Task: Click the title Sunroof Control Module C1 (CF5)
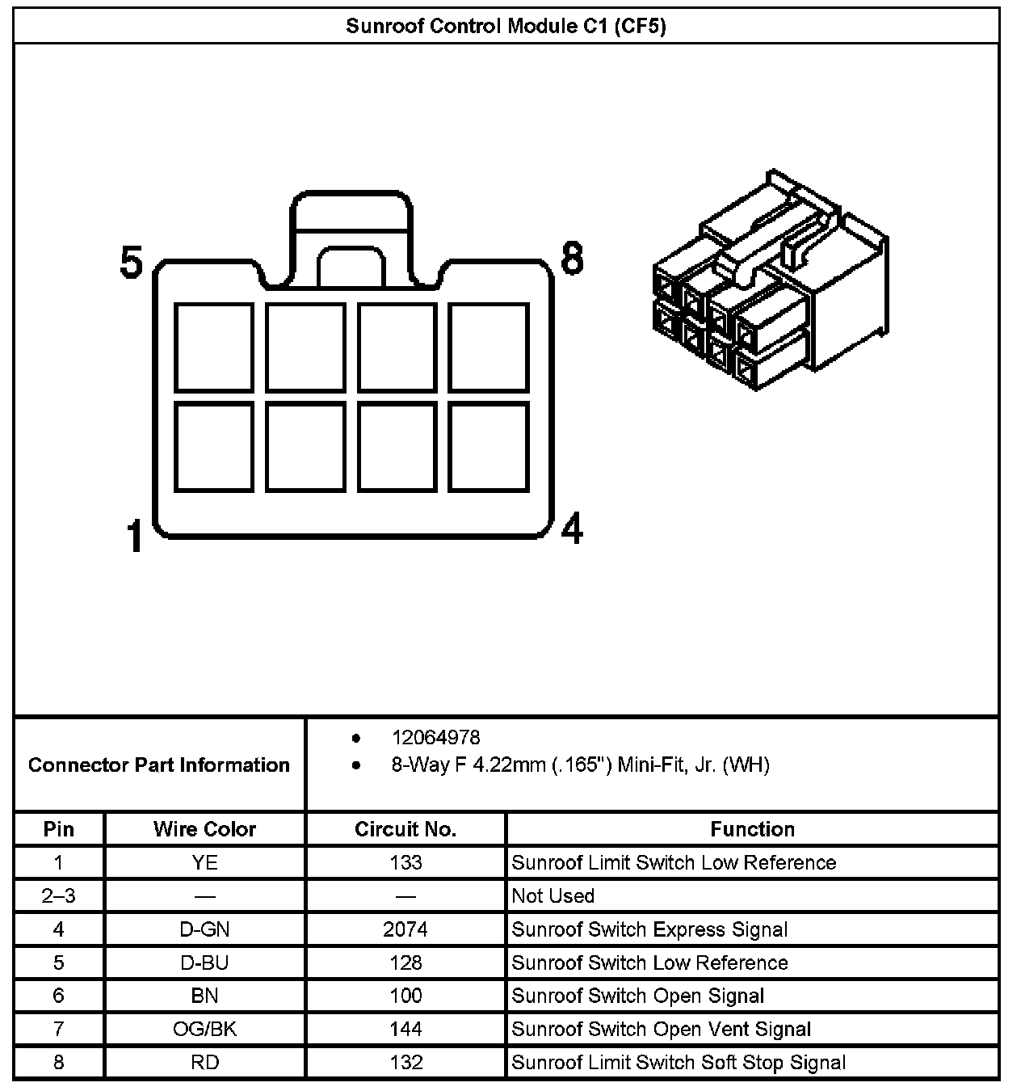pos(506,27)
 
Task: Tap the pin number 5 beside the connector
pos(132,263)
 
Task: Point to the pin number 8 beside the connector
pos(571,259)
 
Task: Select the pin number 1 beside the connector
pos(135,537)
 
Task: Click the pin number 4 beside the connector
pos(572,529)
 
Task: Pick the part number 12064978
pos(435,738)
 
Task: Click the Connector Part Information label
pos(159,765)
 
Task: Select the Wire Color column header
pos(204,829)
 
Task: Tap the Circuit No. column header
pos(405,829)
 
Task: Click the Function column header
pos(752,829)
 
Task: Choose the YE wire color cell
pos(205,863)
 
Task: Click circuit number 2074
pos(405,929)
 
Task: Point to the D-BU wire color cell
pos(205,963)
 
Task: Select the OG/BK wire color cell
pos(205,1029)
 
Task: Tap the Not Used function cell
pos(553,896)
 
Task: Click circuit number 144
pos(405,1029)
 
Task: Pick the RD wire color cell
pos(205,1062)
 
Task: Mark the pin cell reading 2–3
pos(58,896)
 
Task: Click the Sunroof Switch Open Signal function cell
pos(638,996)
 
